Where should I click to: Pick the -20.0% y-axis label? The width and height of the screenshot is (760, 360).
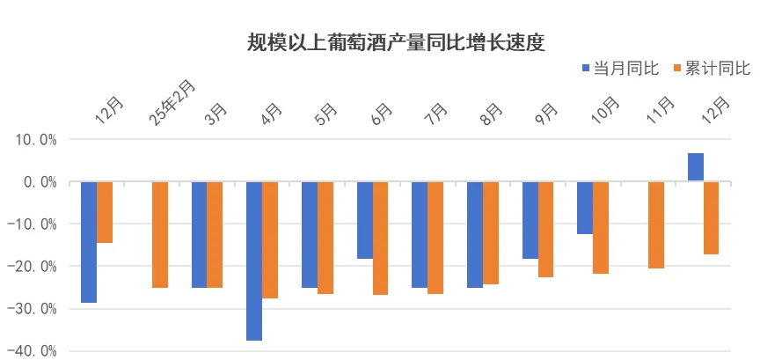tap(32, 267)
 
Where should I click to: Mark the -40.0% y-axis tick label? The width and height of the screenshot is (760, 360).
tap(32, 351)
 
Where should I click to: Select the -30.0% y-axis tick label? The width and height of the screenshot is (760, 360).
tap(32, 309)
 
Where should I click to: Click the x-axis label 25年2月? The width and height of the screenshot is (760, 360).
tap(172, 103)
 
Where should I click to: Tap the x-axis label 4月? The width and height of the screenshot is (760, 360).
tap(270, 115)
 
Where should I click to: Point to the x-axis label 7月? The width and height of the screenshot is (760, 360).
tap(435, 115)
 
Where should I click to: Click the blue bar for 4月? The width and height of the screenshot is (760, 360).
tap(254, 261)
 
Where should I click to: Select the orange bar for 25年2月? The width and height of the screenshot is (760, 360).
tap(160, 234)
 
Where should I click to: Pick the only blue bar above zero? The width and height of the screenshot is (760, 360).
tap(695, 167)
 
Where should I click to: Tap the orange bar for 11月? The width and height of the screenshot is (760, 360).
tap(655, 224)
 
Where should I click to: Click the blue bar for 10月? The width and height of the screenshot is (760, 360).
tap(585, 208)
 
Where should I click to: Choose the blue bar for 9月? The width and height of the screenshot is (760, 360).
tap(530, 220)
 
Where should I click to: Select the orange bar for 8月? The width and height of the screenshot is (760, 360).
tap(490, 232)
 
